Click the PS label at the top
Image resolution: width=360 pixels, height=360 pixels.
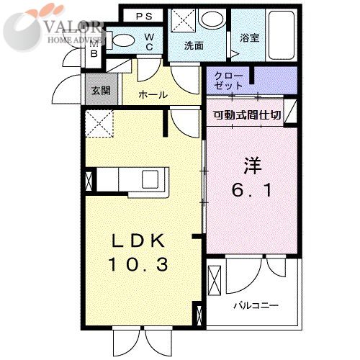tap(144, 17)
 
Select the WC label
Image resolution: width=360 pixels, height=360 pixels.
tap(149, 42)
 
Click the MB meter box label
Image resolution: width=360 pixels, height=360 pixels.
tap(94, 49)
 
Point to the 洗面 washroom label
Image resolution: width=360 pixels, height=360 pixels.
tap(194, 45)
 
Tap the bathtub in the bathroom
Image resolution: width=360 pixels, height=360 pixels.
tap(282, 35)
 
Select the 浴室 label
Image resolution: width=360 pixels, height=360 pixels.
tap(250, 37)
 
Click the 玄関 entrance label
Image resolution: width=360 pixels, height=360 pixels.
tap(101, 91)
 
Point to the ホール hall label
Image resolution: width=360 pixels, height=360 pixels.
tap(153, 95)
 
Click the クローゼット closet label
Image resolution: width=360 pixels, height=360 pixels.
tap(228, 81)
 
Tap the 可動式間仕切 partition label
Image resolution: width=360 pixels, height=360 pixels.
tap(247, 115)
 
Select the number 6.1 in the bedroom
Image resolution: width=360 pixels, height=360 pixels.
tap(251, 190)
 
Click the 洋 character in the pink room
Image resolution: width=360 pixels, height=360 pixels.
tap(252, 166)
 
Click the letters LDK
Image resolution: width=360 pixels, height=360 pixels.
tap(138, 240)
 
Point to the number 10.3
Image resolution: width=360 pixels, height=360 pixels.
tap(138, 264)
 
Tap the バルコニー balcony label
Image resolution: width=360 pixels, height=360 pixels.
tap(256, 306)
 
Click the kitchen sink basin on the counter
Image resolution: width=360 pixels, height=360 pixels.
tap(150, 179)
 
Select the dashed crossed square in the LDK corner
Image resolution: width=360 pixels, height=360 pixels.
tap(99, 124)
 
